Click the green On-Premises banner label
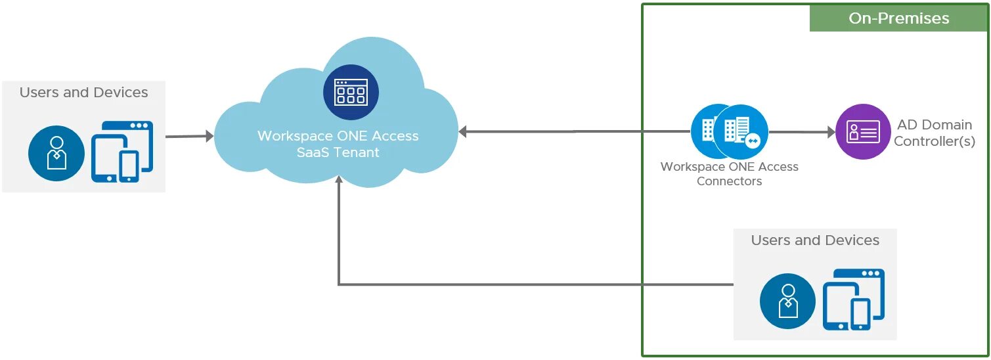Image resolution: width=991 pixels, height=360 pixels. [x=898, y=18]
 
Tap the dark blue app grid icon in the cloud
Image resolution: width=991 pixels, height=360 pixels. [x=351, y=92]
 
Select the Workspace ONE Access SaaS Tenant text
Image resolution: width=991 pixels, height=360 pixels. [x=338, y=144]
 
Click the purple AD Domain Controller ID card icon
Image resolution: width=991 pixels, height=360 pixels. [x=863, y=132]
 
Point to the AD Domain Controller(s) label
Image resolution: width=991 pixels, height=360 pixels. [x=934, y=133]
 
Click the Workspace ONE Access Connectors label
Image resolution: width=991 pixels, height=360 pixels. [x=729, y=174]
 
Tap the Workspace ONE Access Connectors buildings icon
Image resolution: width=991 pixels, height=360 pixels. [x=730, y=131]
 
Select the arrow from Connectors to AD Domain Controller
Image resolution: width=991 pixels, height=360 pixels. [x=801, y=132]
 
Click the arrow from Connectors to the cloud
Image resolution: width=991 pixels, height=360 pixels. [x=571, y=131]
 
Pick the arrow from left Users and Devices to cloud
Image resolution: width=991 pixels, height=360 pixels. [x=189, y=137]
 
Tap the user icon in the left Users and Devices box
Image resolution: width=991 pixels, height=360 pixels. [x=56, y=153]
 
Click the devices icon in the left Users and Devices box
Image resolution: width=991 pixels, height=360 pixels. [x=122, y=151]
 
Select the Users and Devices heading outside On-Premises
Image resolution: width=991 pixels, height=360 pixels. [x=83, y=93]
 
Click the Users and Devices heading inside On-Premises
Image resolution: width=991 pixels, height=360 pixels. [x=814, y=240]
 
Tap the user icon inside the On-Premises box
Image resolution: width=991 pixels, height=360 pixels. [x=787, y=301]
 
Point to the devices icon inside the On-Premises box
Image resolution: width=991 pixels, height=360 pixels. [x=854, y=299]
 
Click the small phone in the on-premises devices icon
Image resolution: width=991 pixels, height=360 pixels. [x=860, y=313]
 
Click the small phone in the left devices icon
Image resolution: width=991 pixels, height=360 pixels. [x=129, y=166]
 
